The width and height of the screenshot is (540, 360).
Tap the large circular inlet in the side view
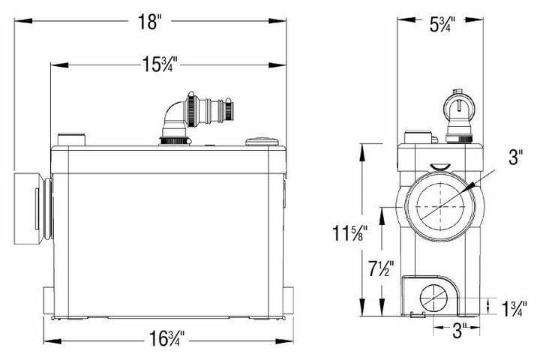437,205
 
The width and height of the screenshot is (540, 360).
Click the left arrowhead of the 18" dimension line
17,22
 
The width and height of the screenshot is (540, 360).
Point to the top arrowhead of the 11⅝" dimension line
364,143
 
